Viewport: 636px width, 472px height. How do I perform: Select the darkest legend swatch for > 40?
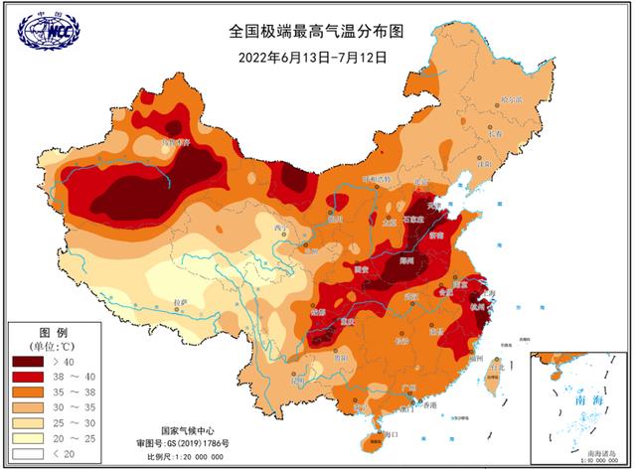point(27,362)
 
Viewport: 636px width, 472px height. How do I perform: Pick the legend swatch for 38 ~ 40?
point(27,378)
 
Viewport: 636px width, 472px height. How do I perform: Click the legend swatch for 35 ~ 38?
point(27,393)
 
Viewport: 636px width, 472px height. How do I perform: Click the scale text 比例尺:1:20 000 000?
point(183,455)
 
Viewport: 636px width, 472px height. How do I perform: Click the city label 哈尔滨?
point(511,98)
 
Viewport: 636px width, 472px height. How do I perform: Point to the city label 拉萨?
point(180,302)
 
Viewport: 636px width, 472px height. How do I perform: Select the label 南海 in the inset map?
point(575,398)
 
